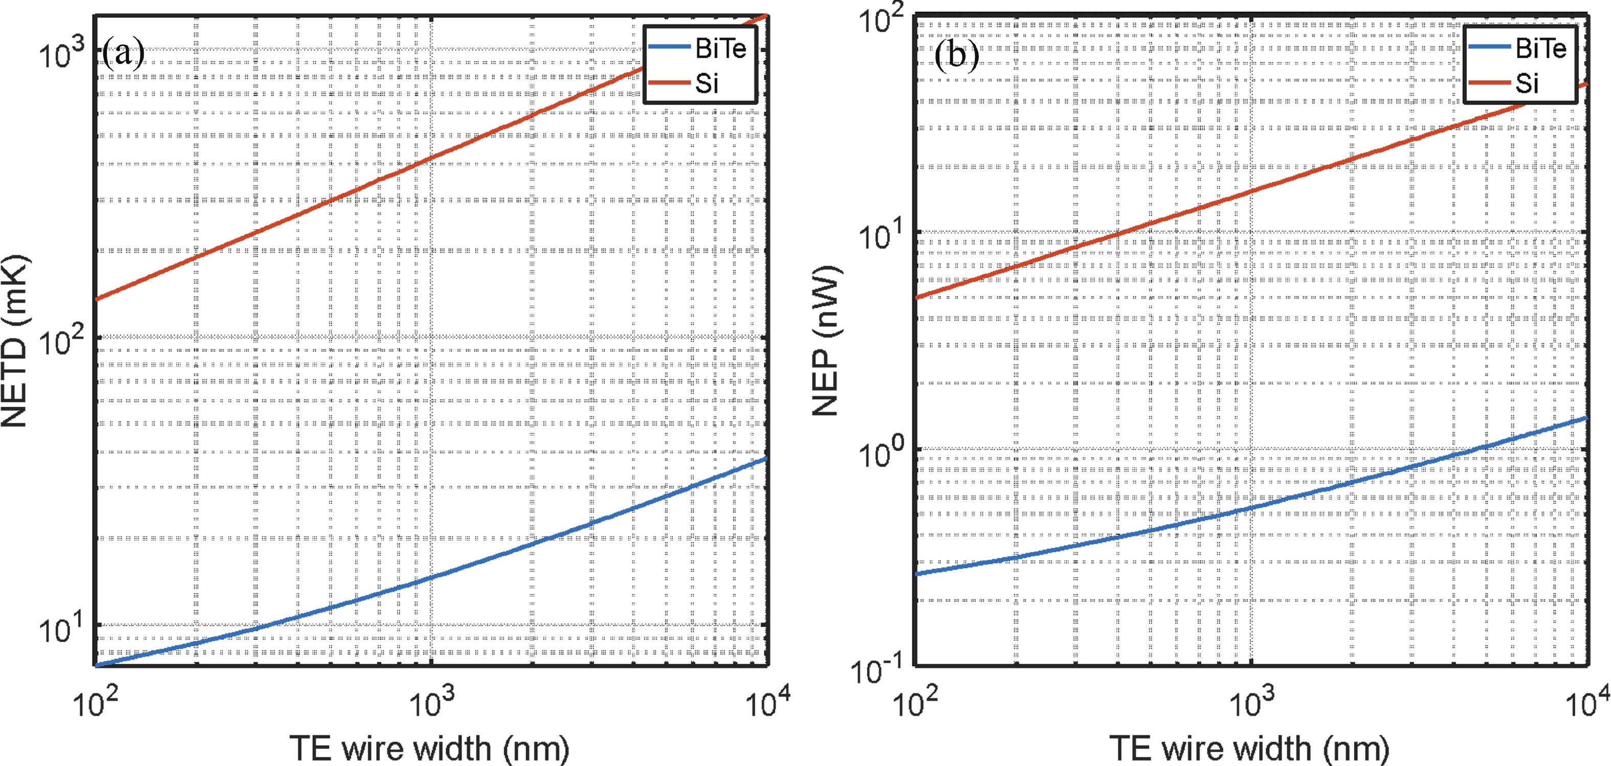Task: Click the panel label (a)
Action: click(x=123, y=53)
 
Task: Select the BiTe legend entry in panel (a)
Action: click(x=720, y=49)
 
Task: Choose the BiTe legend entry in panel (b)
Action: click(x=1540, y=49)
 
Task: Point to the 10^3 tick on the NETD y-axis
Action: click(x=61, y=53)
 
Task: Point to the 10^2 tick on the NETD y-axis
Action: click(x=61, y=341)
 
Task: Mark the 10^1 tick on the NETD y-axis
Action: click(x=61, y=628)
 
